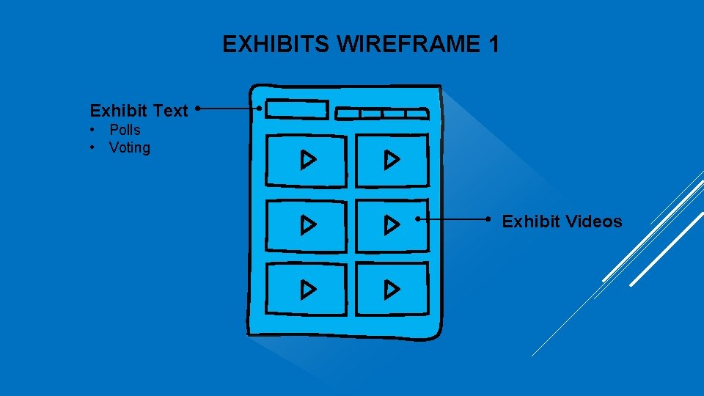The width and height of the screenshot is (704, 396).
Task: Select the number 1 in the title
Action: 492,45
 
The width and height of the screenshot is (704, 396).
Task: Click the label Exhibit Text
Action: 139,111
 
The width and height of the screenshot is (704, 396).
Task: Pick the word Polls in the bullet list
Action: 125,130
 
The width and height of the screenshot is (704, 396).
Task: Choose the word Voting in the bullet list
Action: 130,147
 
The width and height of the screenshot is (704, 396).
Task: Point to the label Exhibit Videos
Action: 562,221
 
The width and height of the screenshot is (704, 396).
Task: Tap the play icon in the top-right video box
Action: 392,159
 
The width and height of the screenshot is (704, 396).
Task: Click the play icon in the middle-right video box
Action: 392,224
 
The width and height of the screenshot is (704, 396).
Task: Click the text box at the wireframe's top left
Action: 297,109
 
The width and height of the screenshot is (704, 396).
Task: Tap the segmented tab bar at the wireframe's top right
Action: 381,114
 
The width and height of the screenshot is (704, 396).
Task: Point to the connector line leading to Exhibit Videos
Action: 452,219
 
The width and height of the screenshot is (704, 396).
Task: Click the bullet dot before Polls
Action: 93,130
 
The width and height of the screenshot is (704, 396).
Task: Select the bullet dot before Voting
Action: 93,147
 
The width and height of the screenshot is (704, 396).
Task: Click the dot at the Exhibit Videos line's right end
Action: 488,219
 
